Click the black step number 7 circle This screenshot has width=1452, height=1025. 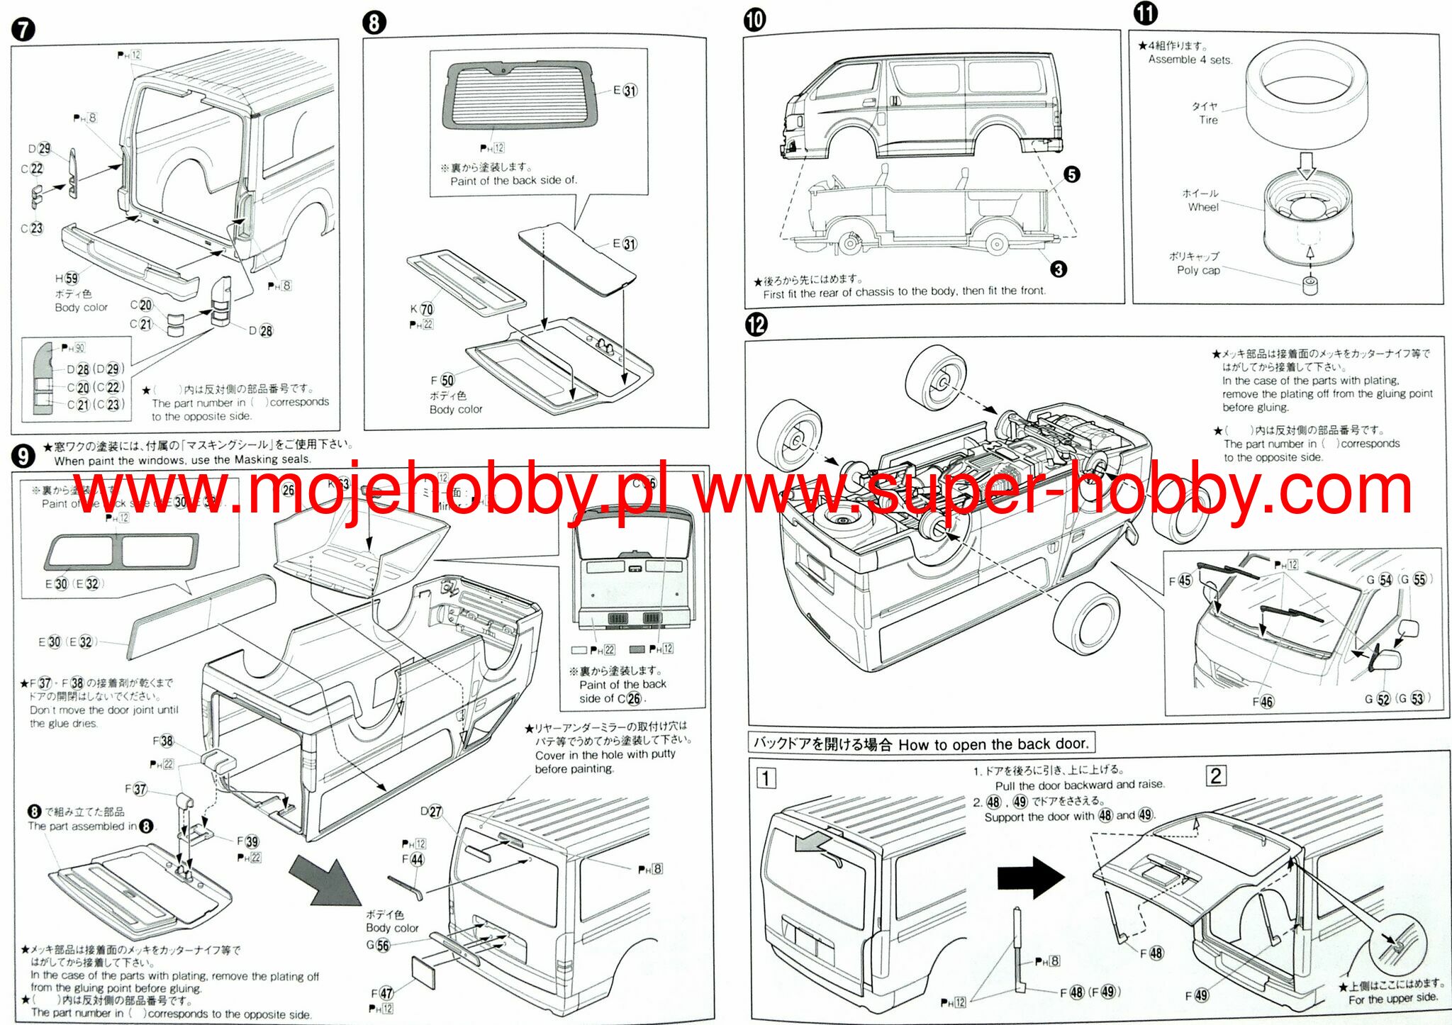tap(23, 30)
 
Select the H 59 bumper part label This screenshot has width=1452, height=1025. tap(67, 278)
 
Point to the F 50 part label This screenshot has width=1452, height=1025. tap(442, 380)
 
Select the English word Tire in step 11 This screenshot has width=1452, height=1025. tap(1208, 121)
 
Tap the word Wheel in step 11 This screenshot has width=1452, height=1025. tap(1203, 207)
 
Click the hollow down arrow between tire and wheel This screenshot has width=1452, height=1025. tap(1306, 164)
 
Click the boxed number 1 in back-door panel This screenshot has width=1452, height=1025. tap(765, 778)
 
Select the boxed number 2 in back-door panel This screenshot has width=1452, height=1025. tap(1215, 775)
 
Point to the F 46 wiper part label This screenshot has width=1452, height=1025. tap(1263, 701)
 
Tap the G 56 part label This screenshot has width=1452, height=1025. tap(378, 945)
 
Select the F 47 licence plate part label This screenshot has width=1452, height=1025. tap(382, 993)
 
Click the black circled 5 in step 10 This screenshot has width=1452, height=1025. tap(1071, 174)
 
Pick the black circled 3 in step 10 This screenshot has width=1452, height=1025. tap(1058, 269)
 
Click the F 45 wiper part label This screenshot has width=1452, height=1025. tap(1180, 581)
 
